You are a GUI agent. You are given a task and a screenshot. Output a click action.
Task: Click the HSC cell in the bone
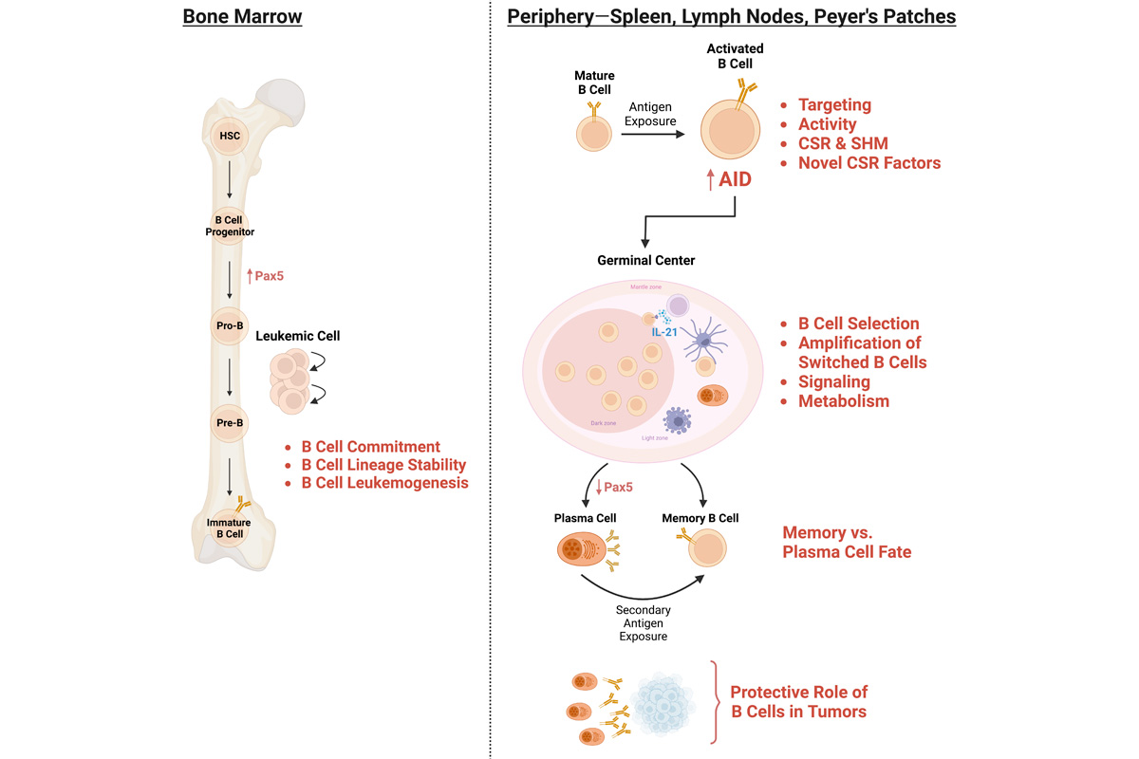(x=230, y=136)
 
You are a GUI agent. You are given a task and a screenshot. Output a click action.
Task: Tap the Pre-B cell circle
(x=229, y=422)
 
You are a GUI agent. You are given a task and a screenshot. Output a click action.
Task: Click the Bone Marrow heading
(x=242, y=17)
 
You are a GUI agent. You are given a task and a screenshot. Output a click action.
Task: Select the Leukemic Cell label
(x=297, y=336)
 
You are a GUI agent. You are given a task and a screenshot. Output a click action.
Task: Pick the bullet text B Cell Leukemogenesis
(x=384, y=483)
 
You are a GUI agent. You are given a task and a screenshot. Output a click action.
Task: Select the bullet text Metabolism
(x=844, y=401)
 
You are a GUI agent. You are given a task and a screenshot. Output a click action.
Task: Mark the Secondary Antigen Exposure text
(x=643, y=622)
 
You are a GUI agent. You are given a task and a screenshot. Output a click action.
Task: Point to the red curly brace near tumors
(x=714, y=703)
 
